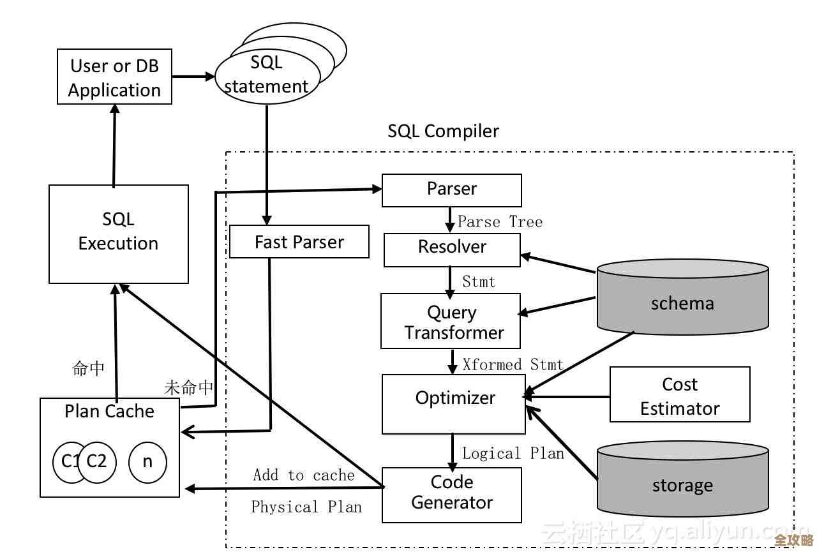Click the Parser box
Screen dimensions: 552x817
(451, 190)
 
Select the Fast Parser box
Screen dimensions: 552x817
(299, 242)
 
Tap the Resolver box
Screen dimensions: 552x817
(452, 250)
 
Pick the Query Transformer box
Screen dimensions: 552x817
(451, 321)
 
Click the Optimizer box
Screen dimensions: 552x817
(454, 404)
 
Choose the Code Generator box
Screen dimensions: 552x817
(452, 495)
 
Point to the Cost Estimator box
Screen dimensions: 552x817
(680, 394)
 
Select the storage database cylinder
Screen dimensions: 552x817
(682, 482)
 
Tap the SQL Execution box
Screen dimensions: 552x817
(119, 234)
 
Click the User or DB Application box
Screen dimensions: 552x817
(114, 77)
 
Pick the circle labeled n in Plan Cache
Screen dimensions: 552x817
(147, 461)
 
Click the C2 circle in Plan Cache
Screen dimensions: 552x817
(98, 461)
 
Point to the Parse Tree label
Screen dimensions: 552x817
(500, 222)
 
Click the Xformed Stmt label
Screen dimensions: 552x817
(513, 365)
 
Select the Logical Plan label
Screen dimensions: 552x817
(513, 454)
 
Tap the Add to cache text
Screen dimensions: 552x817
(304, 475)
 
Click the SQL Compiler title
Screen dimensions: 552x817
(444, 131)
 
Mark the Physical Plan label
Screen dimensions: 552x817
(306, 507)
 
